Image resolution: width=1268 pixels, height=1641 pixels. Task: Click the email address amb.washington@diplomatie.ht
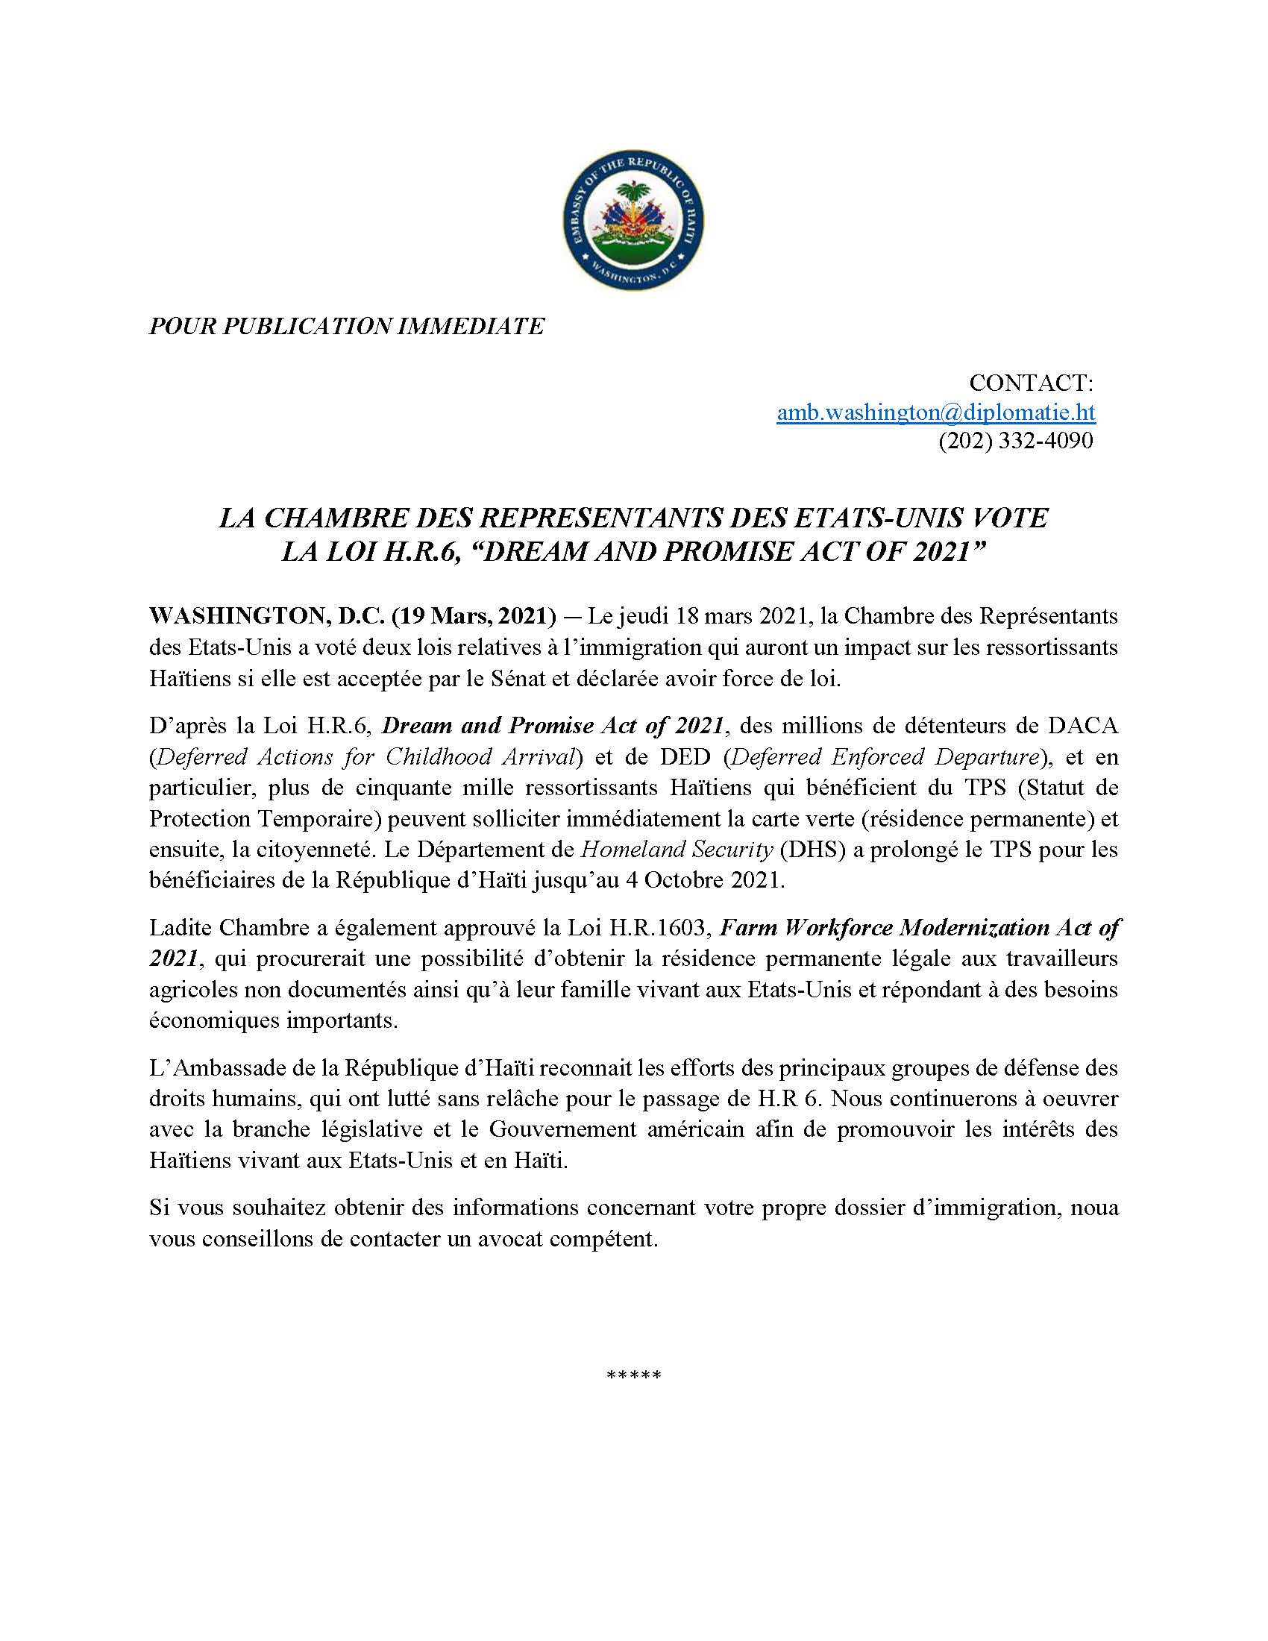[x=935, y=412]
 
